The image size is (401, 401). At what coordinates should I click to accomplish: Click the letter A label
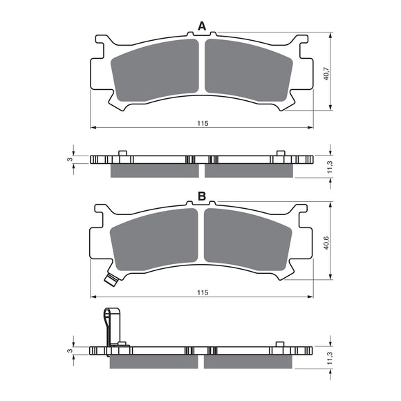click(202, 26)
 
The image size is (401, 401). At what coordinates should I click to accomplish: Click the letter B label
click(202, 197)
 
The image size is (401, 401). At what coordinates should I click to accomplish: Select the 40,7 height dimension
click(326, 73)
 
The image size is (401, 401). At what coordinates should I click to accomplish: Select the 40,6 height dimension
click(326, 244)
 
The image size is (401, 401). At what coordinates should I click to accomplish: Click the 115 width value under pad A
click(202, 123)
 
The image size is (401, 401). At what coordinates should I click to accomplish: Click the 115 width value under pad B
click(202, 293)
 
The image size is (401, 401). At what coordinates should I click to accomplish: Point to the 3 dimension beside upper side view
click(69, 160)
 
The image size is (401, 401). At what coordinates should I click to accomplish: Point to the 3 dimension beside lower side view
click(69, 351)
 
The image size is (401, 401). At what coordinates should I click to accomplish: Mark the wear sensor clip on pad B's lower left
click(109, 280)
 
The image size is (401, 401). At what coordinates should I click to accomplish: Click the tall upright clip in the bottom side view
click(109, 326)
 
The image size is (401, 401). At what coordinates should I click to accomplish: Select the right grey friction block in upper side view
click(249, 169)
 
